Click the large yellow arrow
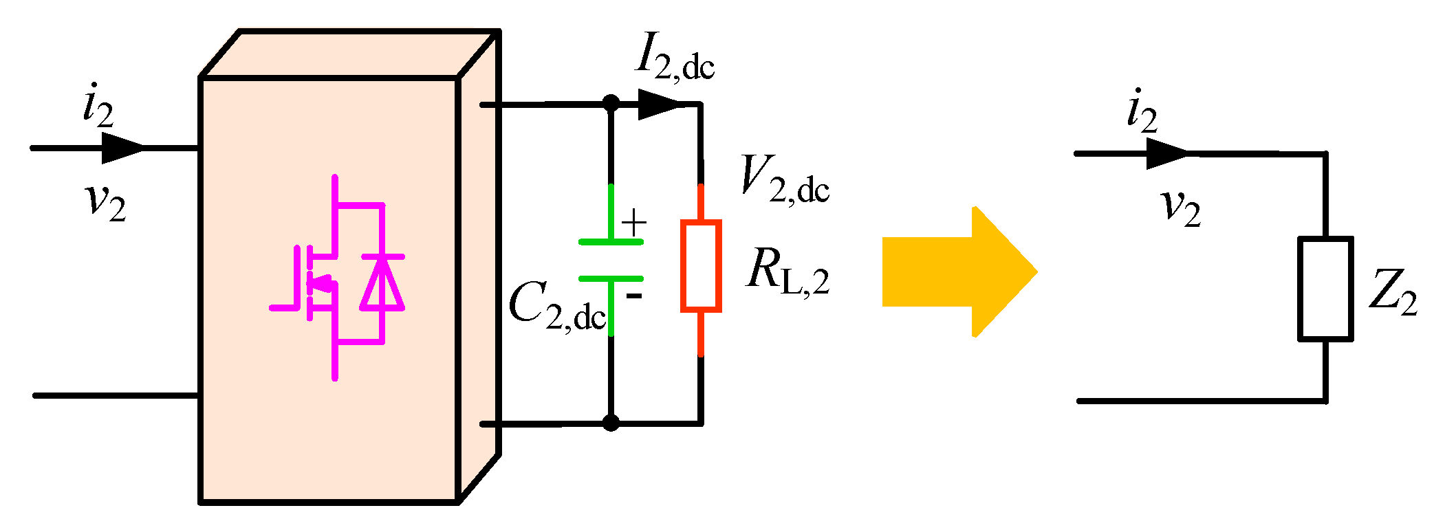(959, 272)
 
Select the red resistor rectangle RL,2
(700, 266)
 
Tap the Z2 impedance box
(1325, 289)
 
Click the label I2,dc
(674, 58)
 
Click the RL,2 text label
(787, 272)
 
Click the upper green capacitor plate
(611, 241)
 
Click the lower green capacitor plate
(611, 278)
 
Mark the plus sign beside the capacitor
(633, 223)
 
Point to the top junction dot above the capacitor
(611, 104)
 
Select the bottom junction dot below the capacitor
(611, 423)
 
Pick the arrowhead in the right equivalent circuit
(1166, 153)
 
